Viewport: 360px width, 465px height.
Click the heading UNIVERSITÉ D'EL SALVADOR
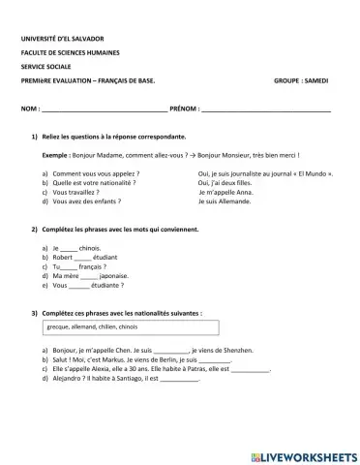(62, 39)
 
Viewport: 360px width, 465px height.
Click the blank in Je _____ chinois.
(68, 249)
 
